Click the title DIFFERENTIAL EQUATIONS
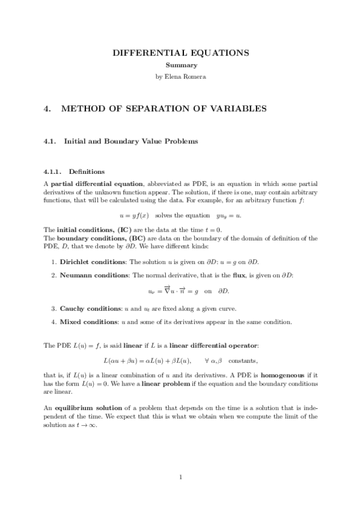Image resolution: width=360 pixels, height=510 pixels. click(181, 54)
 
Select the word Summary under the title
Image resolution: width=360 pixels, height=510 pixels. click(181, 65)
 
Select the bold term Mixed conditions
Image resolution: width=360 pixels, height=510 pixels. click(88, 321)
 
